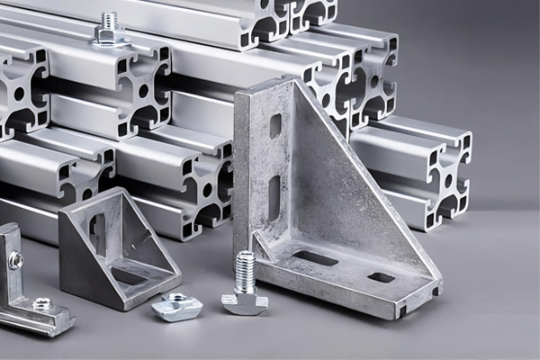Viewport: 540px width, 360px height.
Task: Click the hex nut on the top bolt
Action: [x=109, y=35]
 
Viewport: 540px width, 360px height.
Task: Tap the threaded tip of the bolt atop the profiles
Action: [x=110, y=18]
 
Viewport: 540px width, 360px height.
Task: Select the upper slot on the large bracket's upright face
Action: [x=275, y=125]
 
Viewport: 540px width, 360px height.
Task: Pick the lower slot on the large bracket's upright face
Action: [x=274, y=197]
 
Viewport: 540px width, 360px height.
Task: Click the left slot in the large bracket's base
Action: [x=316, y=258]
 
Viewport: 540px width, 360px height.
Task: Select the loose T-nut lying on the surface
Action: [x=176, y=308]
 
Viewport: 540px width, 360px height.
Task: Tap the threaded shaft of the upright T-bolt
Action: [x=245, y=272]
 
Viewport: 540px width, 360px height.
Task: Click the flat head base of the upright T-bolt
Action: [x=245, y=302]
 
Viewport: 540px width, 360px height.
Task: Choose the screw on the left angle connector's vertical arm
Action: [x=15, y=261]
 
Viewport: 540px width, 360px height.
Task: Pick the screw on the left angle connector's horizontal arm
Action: [x=41, y=305]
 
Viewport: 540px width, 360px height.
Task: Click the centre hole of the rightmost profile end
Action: [x=447, y=181]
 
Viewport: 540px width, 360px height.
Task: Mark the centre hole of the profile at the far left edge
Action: [x=18, y=94]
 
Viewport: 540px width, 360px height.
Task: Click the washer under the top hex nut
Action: [x=109, y=42]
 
